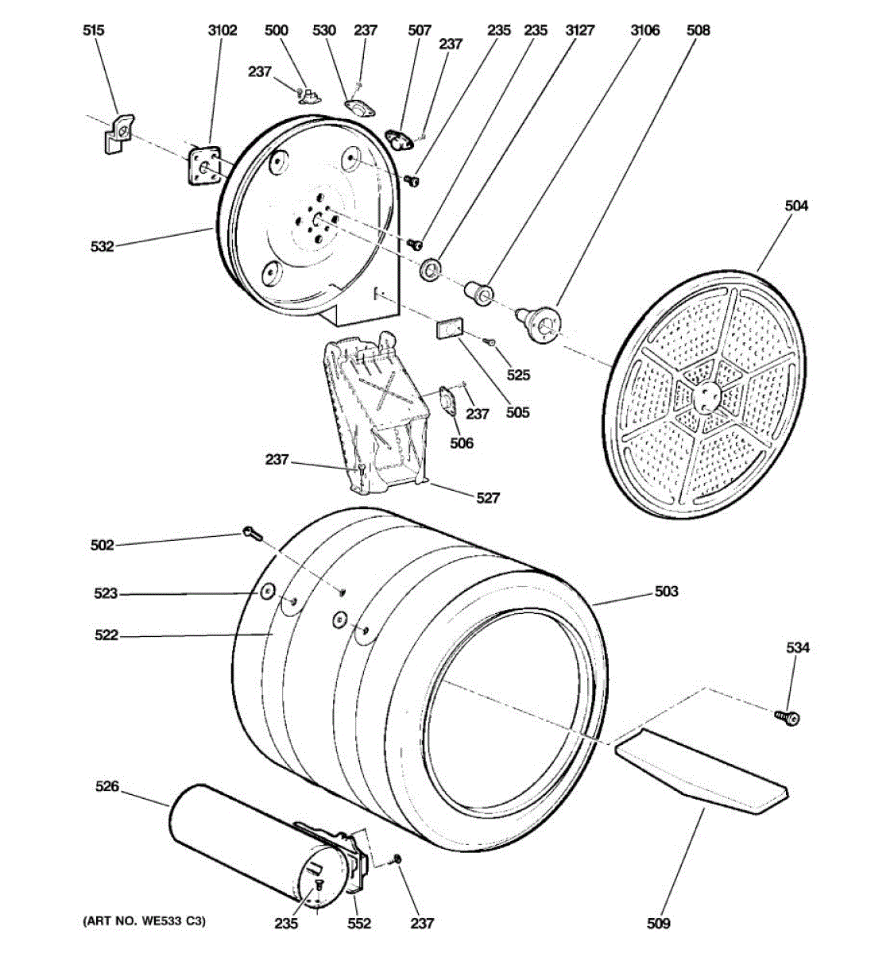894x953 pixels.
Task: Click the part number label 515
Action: point(93,30)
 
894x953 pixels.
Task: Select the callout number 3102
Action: point(222,30)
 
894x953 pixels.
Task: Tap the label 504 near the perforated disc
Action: point(796,206)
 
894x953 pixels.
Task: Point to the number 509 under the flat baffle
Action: point(659,923)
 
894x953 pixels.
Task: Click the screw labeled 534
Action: point(788,717)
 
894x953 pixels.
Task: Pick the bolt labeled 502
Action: point(252,534)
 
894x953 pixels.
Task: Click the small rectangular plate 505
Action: point(451,329)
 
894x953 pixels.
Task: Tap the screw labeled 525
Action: point(490,342)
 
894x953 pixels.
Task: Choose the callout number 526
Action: point(106,786)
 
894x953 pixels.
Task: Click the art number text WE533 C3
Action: point(144,921)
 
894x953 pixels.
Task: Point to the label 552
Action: point(360,923)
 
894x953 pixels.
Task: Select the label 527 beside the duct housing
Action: point(488,498)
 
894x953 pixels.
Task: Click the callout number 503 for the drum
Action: point(666,591)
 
